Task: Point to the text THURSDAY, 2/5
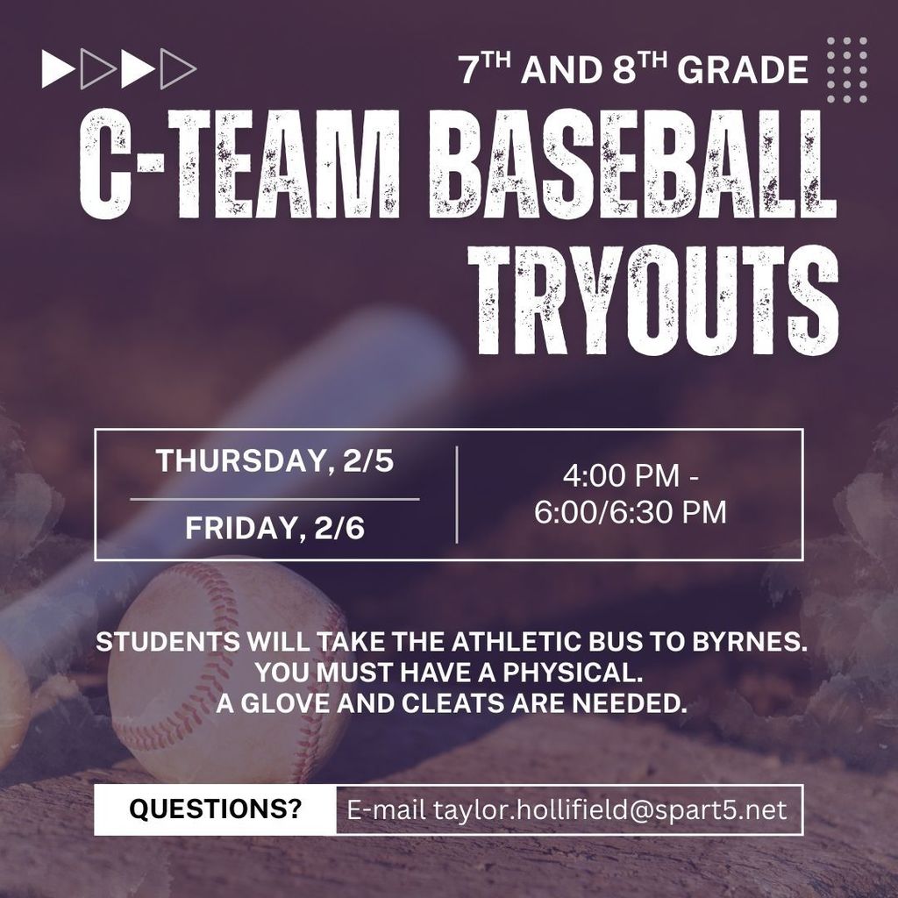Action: pos(274,462)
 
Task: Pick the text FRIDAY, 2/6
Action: pos(274,530)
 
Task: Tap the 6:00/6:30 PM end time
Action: pos(631,512)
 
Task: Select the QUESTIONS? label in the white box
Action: pos(215,809)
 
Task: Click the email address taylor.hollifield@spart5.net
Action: pos(567,809)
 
